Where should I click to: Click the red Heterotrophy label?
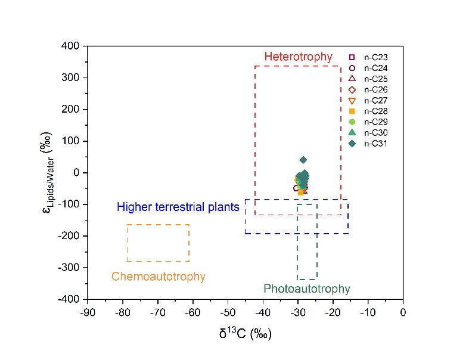[x=298, y=57]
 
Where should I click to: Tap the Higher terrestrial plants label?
[x=178, y=207]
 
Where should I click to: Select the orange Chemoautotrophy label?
[x=158, y=277]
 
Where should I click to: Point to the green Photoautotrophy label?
[x=307, y=289]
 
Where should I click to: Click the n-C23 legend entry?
[x=369, y=57]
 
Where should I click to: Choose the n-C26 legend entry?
[x=369, y=89]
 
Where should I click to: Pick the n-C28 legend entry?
[x=369, y=111]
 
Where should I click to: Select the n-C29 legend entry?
[x=369, y=122]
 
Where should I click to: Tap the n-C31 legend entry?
[x=369, y=143]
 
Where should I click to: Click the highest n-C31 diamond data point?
[x=303, y=160]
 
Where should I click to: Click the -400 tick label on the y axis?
[x=70, y=299]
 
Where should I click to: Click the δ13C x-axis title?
[x=245, y=333]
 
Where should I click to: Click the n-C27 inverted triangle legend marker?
[x=352, y=100]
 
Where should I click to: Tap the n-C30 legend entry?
[x=369, y=132]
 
